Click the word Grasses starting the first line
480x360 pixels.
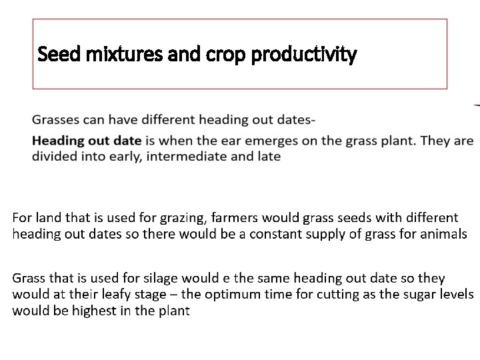pyautogui.click(x=55, y=121)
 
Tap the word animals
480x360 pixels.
pyautogui.click(x=444, y=234)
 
